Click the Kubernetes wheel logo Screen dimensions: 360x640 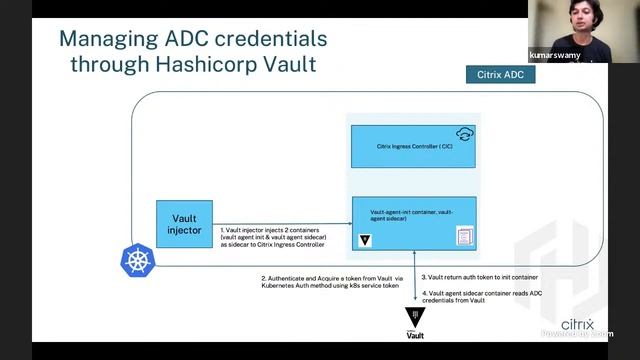point(137,261)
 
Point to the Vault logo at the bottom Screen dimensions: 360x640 point(415,323)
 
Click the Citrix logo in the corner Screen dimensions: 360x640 point(577,326)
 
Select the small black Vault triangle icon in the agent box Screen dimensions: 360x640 point(367,242)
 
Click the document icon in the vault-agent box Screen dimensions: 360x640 point(463,237)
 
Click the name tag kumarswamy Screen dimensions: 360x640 point(554,56)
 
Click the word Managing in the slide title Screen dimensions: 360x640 point(106,39)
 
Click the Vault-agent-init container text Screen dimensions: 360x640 point(410,216)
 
